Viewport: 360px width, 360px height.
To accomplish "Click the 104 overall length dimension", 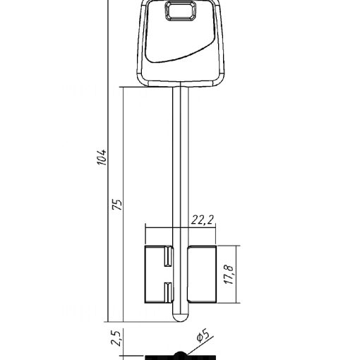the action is click(x=102, y=157).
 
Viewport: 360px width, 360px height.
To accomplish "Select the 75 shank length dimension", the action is click(x=117, y=205).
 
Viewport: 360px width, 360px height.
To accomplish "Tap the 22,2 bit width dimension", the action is click(x=202, y=220).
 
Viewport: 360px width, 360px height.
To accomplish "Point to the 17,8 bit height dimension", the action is click(x=229, y=275).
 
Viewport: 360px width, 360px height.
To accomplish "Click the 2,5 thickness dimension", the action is click(x=116, y=338).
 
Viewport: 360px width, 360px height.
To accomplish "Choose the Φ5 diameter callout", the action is click(x=203, y=336).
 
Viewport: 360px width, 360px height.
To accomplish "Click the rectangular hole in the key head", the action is click(x=181, y=11).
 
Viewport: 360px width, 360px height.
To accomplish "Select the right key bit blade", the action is click(x=202, y=274).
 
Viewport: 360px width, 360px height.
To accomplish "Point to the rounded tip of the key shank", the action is click(x=181, y=317).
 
